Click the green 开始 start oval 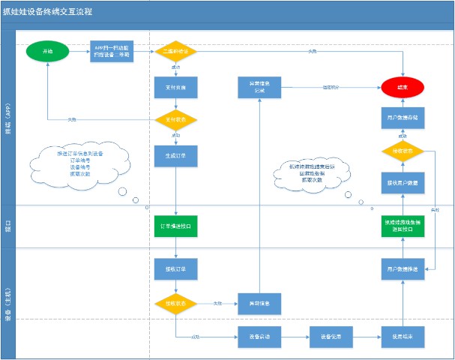tap(47, 51)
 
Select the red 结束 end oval tap(403, 88)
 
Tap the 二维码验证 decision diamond tap(175, 51)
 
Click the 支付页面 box tap(175, 88)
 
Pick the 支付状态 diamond tap(175, 119)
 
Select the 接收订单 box tap(175, 268)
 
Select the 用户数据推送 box tap(403, 268)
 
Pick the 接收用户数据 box tap(403, 184)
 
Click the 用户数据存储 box tap(403, 119)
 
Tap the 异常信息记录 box tap(259, 88)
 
